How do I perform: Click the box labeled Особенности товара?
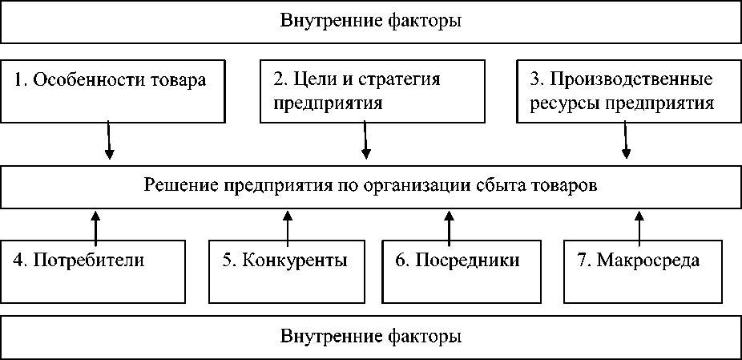coord(112,90)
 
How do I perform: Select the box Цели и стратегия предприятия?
coord(373,90)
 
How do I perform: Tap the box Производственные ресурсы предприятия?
coord(629,90)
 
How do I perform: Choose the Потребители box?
coord(93,272)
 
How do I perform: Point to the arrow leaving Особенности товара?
coord(109,140)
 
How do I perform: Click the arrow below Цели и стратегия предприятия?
coord(365,140)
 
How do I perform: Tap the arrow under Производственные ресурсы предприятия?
coord(626,140)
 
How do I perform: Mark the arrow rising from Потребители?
coord(95,229)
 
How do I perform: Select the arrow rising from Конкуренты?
coord(287,229)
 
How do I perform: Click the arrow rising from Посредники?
coord(449,229)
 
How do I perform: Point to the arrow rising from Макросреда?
coord(639,229)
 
